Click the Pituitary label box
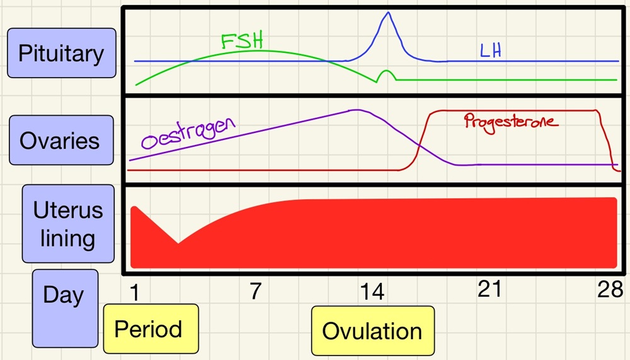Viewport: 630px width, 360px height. [62, 53]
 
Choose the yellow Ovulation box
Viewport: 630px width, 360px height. [372, 331]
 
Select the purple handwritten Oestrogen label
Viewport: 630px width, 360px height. [188, 131]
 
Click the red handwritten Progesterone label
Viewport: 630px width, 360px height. [511, 120]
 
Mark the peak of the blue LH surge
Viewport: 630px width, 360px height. [387, 13]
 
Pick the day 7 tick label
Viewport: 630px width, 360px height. [255, 291]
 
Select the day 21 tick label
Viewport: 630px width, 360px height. [490, 291]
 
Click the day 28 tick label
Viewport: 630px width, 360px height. [610, 291]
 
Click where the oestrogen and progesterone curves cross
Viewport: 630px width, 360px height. [418, 145]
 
